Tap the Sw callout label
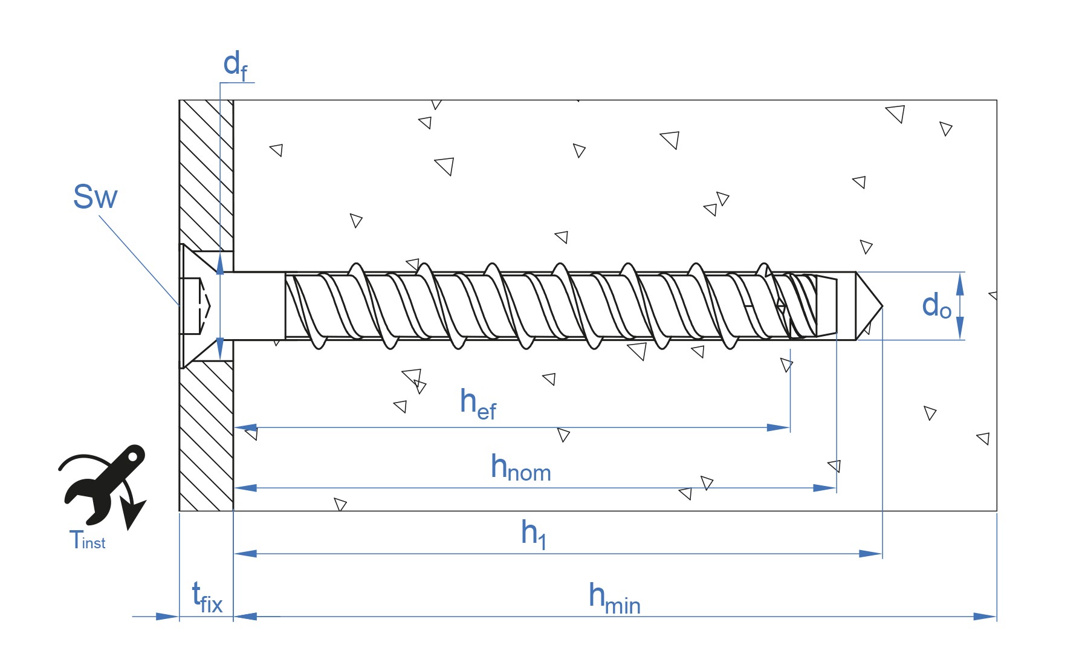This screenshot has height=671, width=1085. point(95,196)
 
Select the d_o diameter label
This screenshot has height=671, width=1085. point(936,306)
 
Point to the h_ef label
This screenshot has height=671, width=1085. point(478,403)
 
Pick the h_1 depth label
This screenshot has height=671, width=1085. point(534,534)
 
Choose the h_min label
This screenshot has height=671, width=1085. point(614,598)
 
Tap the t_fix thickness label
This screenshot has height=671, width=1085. point(207,597)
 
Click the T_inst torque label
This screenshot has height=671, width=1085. point(88,540)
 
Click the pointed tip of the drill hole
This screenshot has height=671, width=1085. point(883,306)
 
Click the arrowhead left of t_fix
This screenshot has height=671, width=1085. point(167,617)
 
